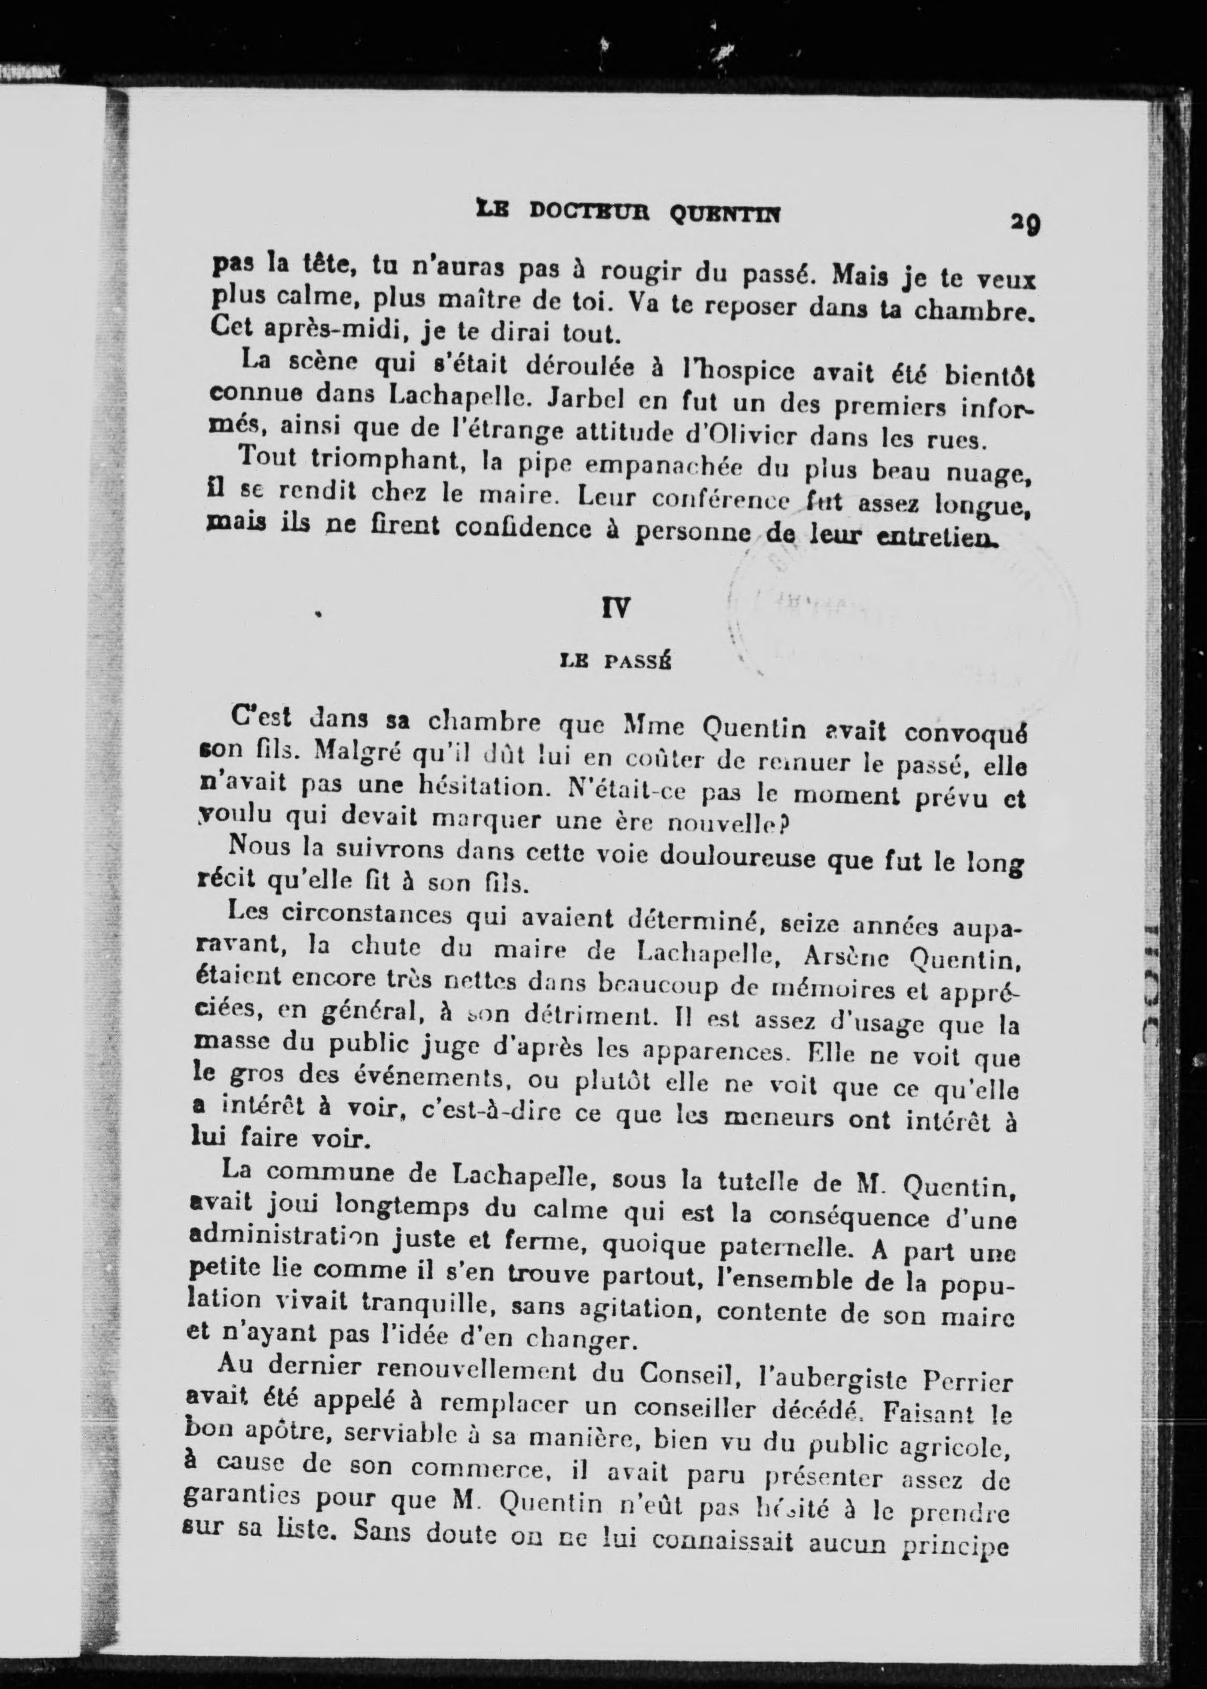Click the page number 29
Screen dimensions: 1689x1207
coord(1024,222)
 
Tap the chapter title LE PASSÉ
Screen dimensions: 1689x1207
coord(615,661)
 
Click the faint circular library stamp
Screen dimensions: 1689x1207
coord(903,624)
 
